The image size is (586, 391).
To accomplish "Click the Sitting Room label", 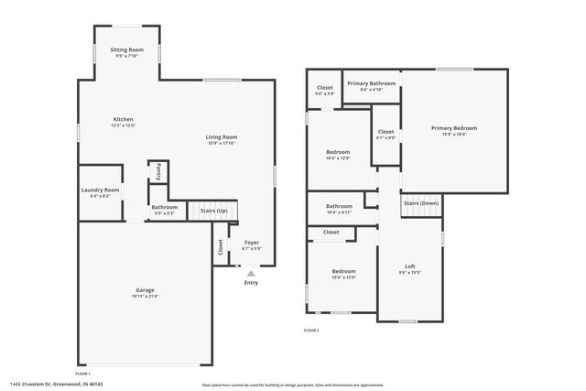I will (127, 49).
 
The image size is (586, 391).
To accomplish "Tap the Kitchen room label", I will (124, 120).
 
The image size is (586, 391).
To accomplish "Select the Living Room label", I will (222, 137).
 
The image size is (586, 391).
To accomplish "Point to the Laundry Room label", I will (101, 190).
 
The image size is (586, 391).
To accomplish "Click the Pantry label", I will (157, 170).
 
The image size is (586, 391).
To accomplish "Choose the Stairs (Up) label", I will (213, 211).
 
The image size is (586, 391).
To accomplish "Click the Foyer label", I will (251, 242).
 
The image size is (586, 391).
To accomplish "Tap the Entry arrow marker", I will (251, 272).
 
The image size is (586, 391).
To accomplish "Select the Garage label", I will (145, 290).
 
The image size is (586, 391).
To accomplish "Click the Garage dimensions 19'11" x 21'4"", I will (145, 297).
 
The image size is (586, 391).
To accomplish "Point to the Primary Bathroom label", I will (371, 82).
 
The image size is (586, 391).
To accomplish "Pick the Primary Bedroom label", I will (454, 128).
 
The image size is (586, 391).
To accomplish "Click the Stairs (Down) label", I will (421, 202).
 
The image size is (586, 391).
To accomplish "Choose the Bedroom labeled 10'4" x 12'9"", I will (343, 271).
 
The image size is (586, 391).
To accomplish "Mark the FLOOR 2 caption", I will (312, 330).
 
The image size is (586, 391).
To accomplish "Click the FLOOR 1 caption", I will (82, 374).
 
